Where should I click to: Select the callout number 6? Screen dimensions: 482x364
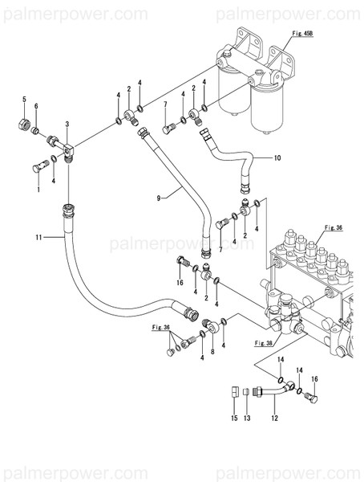[x=36, y=108]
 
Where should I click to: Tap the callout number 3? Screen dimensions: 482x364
[x=67, y=123]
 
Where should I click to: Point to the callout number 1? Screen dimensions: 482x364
[x=37, y=190]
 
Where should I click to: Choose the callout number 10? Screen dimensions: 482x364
[x=277, y=158]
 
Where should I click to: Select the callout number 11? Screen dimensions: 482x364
[x=38, y=237]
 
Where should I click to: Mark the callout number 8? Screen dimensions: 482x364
[x=212, y=352]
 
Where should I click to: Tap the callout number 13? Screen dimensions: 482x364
[x=248, y=418]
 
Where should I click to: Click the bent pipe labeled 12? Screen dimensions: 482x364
[x=273, y=390]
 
